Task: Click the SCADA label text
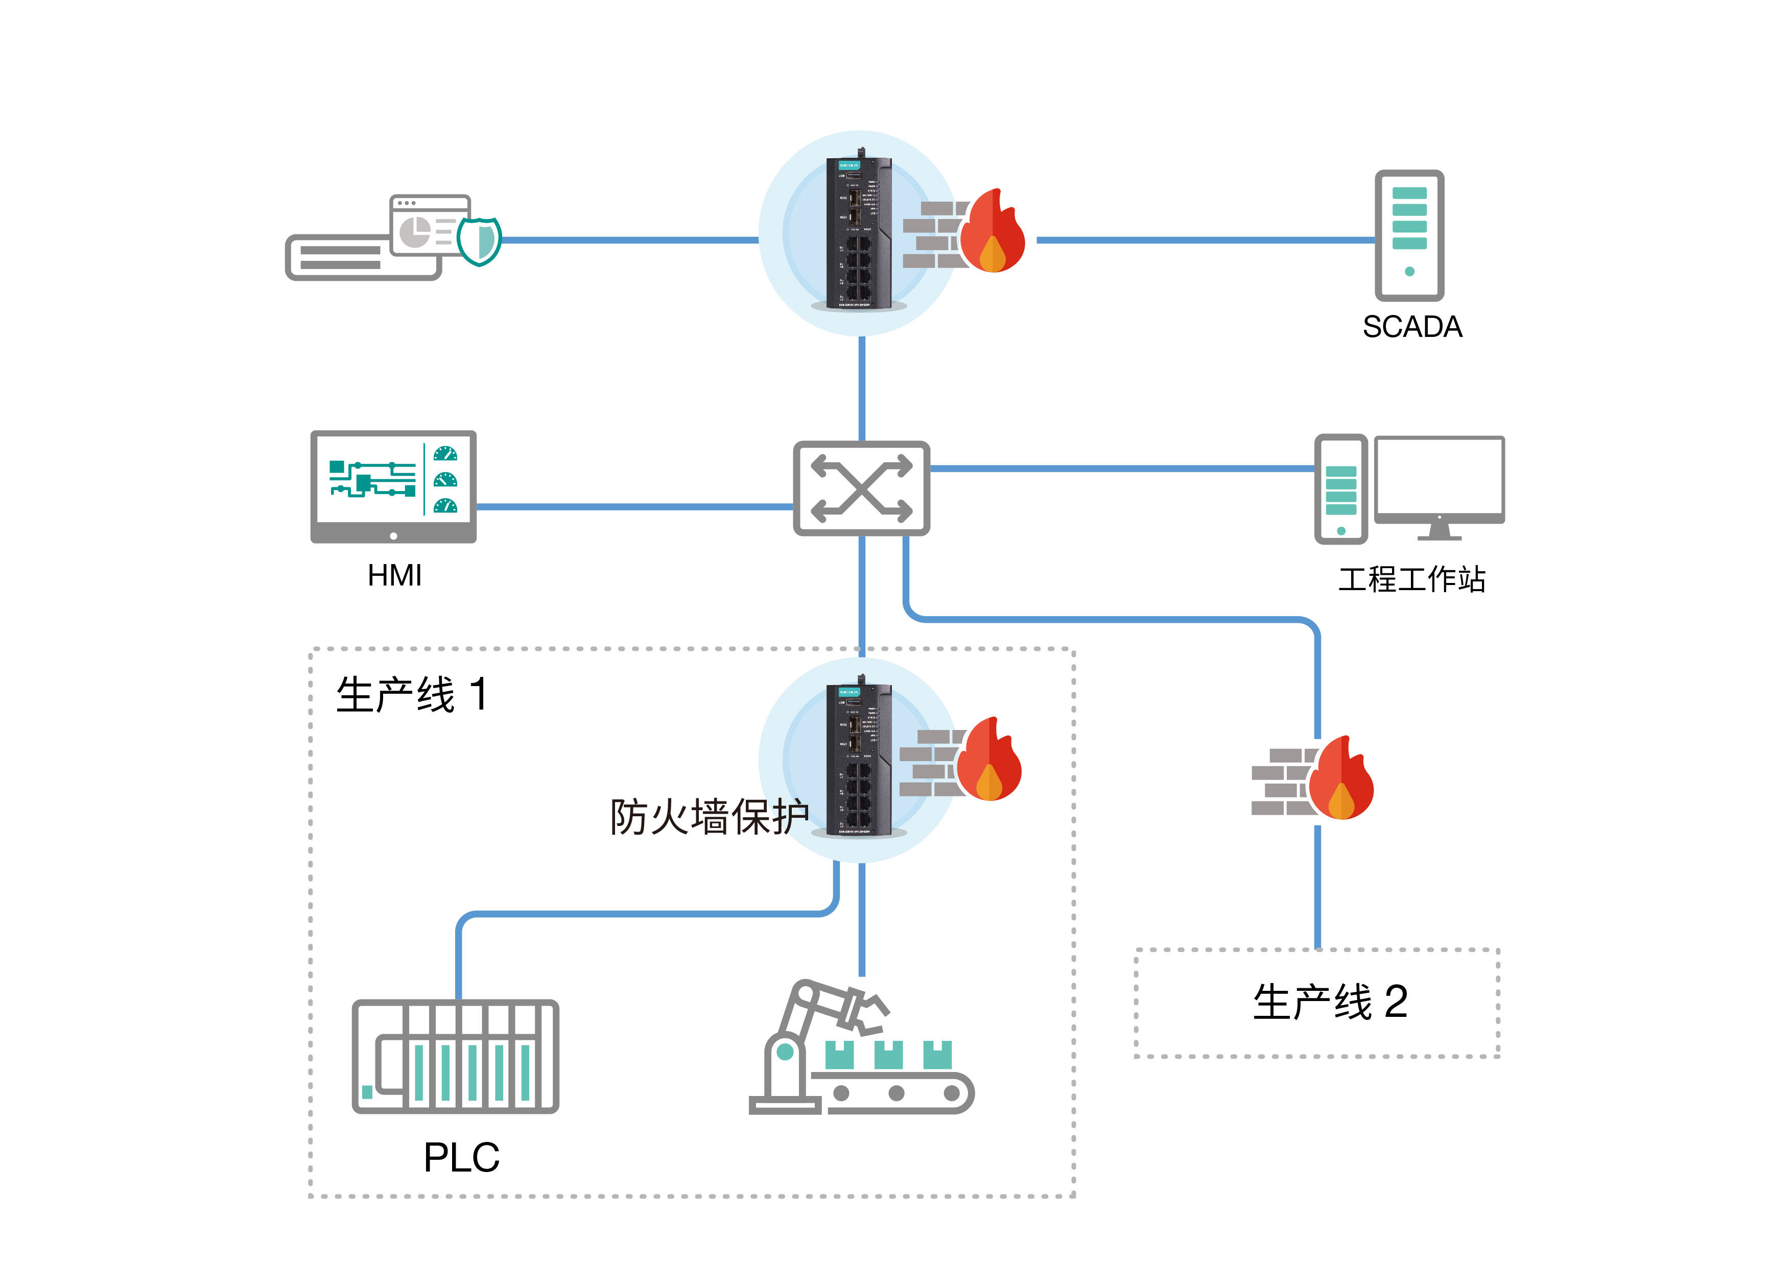(1412, 327)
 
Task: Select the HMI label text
(394, 576)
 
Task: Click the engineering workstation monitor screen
(1439, 475)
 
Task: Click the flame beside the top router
(992, 232)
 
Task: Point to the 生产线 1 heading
(411, 694)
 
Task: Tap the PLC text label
(461, 1157)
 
